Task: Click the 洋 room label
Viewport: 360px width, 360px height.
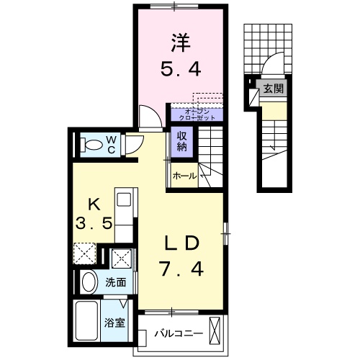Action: pos(180,42)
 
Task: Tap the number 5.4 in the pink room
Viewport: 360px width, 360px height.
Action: pos(179,70)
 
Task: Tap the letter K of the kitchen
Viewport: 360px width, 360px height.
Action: pos(94,202)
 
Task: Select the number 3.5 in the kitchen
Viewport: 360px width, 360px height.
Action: pos(94,224)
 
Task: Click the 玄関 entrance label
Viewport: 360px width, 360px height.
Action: pos(272,89)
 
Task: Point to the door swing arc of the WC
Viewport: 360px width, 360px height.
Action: pos(133,145)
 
